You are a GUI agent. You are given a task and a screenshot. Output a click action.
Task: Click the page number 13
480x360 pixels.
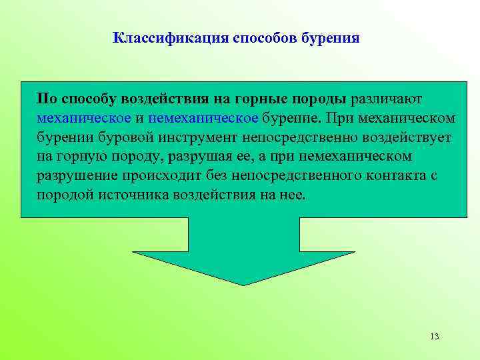click(x=435, y=336)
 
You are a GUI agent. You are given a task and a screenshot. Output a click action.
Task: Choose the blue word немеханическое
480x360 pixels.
click(x=203, y=119)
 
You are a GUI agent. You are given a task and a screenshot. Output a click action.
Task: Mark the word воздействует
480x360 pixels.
click(x=407, y=138)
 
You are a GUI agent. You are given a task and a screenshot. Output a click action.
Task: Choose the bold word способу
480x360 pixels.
click(x=89, y=99)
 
